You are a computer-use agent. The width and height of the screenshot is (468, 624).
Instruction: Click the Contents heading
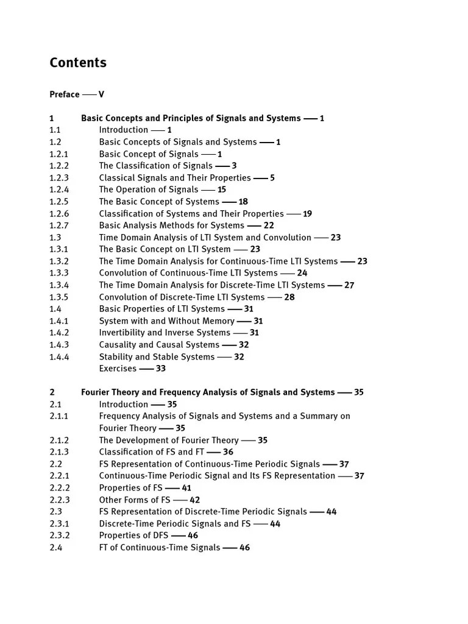click(77, 63)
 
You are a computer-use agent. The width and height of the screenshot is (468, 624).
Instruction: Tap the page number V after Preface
click(101, 94)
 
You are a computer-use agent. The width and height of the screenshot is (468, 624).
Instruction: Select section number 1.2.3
click(59, 178)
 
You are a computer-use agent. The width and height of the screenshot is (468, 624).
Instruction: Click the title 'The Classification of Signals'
click(155, 166)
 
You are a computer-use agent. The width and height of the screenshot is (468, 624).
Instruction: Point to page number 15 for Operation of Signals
click(221, 190)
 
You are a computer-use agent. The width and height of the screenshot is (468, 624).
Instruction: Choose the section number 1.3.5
click(59, 297)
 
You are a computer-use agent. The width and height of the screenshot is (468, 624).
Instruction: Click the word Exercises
click(117, 369)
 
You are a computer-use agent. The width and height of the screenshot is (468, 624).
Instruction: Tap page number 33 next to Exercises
click(160, 369)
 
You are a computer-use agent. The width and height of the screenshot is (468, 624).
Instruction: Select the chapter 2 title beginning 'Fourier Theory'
click(208, 392)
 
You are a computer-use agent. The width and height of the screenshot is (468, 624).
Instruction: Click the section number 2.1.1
click(58, 416)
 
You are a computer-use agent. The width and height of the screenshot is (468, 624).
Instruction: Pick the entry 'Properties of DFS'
click(133, 536)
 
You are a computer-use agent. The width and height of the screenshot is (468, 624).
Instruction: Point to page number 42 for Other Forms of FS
click(194, 500)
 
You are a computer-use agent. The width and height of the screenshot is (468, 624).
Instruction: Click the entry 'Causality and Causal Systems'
click(159, 345)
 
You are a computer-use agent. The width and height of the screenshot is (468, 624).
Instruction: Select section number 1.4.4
click(59, 357)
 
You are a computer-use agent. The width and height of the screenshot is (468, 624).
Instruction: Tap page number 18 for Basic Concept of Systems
click(243, 202)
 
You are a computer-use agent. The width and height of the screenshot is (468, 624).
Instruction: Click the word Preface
click(64, 94)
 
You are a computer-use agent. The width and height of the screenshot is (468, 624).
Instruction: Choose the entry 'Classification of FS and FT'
click(151, 452)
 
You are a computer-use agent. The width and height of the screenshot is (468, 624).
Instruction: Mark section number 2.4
click(55, 548)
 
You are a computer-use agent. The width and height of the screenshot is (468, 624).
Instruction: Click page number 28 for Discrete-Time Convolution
click(289, 297)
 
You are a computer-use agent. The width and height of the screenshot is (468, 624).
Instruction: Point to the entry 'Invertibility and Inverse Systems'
click(165, 333)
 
